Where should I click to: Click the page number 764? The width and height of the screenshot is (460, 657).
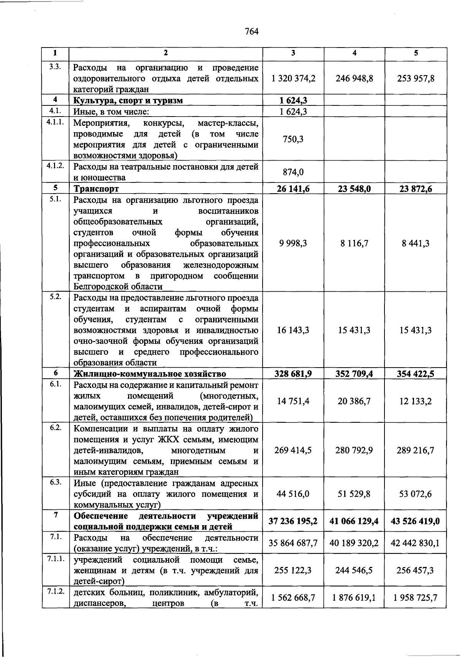click(x=252, y=32)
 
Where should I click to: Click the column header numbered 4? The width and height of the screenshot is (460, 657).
click(x=354, y=54)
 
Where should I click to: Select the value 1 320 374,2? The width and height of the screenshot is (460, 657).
click(x=293, y=79)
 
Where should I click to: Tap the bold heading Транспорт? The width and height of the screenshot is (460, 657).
click(x=96, y=189)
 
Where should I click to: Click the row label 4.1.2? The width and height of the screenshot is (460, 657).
click(x=56, y=166)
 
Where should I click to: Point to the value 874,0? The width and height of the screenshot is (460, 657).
click(x=293, y=172)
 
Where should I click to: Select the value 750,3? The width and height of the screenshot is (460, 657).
click(x=293, y=139)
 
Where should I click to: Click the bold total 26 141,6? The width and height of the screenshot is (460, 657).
click(x=293, y=189)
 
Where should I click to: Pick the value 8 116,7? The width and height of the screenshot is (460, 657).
click(x=354, y=243)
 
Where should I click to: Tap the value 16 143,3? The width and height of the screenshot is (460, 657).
click(x=293, y=330)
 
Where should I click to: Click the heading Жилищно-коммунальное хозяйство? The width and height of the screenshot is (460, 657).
click(x=149, y=374)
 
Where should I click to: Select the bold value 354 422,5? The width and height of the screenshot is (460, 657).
click(x=416, y=374)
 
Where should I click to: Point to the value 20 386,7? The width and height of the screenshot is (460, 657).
click(x=354, y=401)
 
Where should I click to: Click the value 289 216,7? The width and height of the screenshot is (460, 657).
click(x=416, y=450)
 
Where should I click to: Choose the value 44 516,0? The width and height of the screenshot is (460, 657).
click(x=293, y=494)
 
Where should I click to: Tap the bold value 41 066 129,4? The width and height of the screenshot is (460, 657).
click(x=354, y=521)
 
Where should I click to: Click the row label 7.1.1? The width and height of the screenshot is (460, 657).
click(x=56, y=559)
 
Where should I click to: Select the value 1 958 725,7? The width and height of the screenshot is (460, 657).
click(x=416, y=598)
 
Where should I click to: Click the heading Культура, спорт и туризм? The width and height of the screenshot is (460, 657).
click(x=128, y=101)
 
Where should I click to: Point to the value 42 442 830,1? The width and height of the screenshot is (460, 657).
click(x=416, y=543)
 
